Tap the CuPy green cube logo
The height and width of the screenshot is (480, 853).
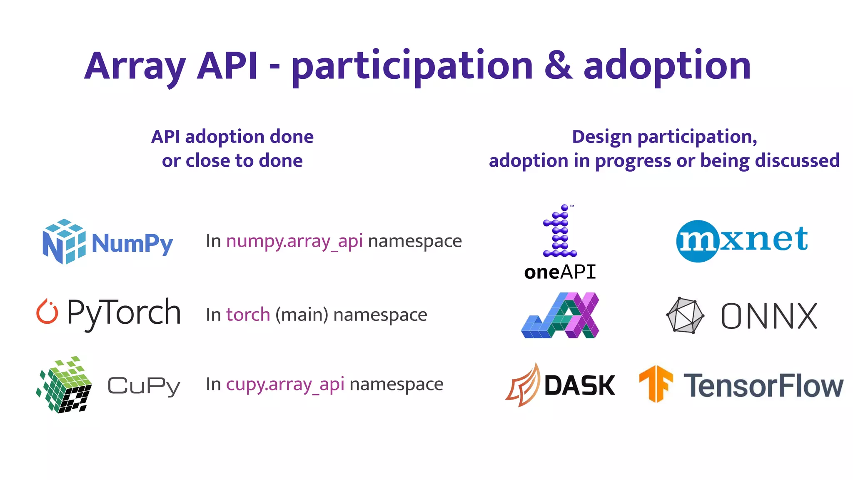pyautogui.click(x=65, y=385)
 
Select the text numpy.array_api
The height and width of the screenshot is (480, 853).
pyautogui.click(x=294, y=241)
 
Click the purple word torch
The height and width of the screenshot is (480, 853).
pyautogui.click(x=248, y=315)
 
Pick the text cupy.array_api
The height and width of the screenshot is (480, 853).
pyautogui.click(x=285, y=384)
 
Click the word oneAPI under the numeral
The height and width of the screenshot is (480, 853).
pyautogui.click(x=560, y=272)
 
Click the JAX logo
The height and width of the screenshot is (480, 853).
pyautogui.click(x=560, y=315)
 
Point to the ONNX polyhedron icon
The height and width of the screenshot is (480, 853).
pyautogui.click(x=685, y=315)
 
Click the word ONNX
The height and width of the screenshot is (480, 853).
pyautogui.click(x=769, y=316)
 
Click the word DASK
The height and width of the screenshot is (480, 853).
pyautogui.click(x=579, y=385)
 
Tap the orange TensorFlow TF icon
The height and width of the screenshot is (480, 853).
pyautogui.click(x=656, y=383)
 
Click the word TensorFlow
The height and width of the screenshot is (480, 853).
pyautogui.click(x=763, y=385)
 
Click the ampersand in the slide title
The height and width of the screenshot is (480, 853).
pyautogui.click(x=558, y=66)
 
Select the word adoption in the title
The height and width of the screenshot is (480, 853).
pyautogui.click(x=667, y=66)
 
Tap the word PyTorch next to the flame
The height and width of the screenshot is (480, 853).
pyautogui.click(x=124, y=312)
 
